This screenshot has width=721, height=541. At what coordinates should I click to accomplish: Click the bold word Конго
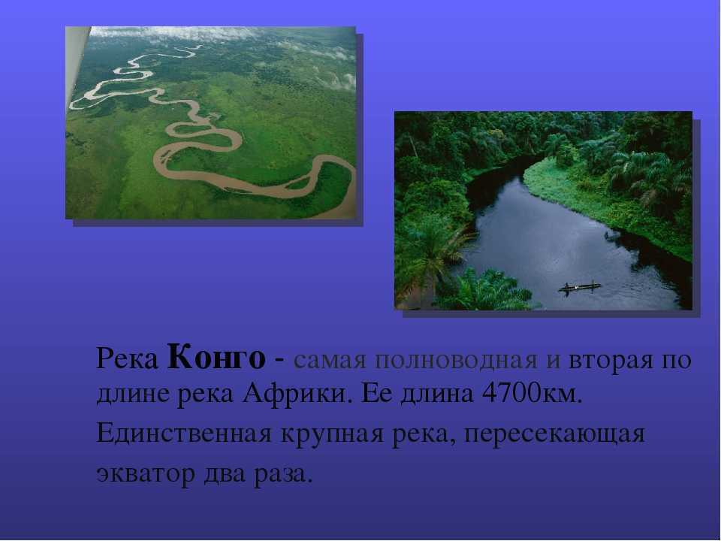click(216, 358)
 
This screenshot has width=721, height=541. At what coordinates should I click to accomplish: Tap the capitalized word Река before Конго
click(127, 359)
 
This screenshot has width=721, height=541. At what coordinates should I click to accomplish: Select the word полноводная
click(456, 360)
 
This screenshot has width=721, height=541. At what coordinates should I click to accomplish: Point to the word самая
click(330, 360)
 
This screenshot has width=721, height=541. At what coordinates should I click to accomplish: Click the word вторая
click(611, 360)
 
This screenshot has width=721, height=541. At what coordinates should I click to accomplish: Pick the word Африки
click(294, 394)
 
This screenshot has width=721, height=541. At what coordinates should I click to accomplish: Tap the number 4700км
click(532, 394)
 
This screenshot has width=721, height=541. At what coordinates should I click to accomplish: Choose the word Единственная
click(184, 433)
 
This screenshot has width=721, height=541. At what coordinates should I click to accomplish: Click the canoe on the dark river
click(579, 288)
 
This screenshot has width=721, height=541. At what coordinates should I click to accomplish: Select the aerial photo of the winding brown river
click(210, 122)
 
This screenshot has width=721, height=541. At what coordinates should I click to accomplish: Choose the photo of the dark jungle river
click(544, 210)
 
